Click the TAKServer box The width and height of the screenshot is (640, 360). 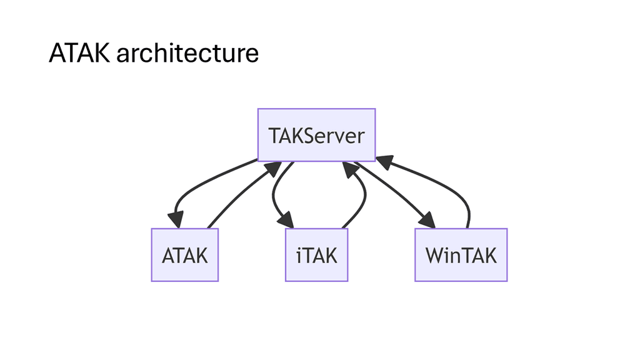316,135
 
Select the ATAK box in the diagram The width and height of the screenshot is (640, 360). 184,255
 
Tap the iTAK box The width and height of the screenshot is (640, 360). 316,255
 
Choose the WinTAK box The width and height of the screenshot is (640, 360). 461,255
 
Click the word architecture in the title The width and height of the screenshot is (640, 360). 187,54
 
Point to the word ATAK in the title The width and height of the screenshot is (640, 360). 79,54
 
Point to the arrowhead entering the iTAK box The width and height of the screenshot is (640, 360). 286,221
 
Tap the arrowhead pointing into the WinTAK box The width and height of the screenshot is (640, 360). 427,220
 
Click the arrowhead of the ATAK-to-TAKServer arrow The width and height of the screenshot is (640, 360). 272,167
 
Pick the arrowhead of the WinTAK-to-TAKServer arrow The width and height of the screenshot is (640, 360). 383,162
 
